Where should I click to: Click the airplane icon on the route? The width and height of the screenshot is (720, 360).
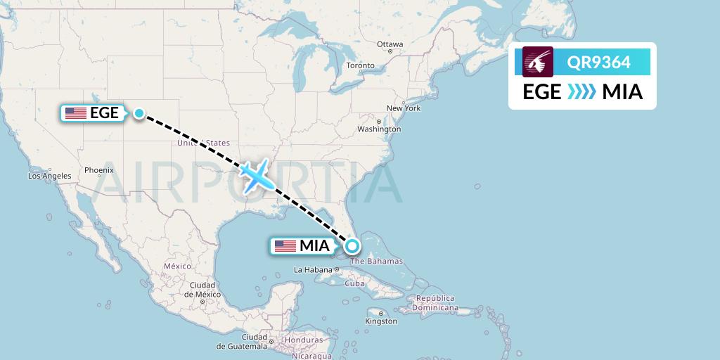[256, 175]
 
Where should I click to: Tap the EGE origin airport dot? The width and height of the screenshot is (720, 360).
[139, 112]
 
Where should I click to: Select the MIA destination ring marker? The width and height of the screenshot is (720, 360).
[352, 246]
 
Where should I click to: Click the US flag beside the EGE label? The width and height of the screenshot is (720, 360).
[75, 112]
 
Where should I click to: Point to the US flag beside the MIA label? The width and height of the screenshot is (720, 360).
[285, 246]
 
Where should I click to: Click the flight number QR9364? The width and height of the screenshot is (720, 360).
[600, 62]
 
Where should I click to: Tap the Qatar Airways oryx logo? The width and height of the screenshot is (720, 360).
[538, 62]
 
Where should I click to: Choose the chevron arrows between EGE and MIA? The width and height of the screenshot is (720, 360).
[581, 92]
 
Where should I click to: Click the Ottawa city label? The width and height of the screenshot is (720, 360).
[390, 44]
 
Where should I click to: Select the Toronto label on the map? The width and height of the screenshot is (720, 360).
[360, 65]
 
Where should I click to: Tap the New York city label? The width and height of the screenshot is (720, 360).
[404, 108]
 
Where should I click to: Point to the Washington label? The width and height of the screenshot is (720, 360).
[378, 129]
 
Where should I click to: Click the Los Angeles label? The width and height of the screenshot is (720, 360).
[49, 176]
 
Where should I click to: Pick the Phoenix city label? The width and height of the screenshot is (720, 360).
[98, 169]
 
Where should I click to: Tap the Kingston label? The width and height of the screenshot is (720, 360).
[381, 321]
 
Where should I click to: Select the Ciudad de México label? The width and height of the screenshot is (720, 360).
[202, 289]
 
